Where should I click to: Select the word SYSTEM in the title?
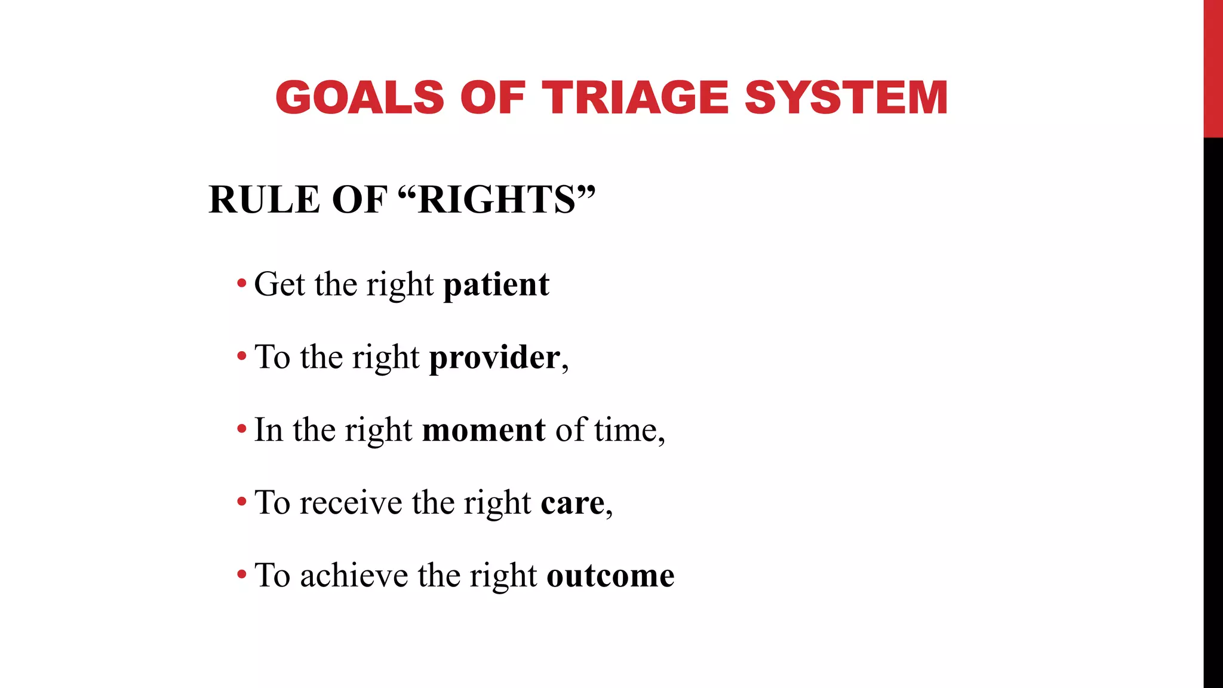(x=846, y=97)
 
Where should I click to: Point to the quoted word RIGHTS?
(x=496, y=199)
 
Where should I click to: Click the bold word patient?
(x=496, y=285)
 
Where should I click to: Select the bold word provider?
(x=494, y=358)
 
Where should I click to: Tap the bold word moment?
(x=483, y=430)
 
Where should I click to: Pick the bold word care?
(x=572, y=503)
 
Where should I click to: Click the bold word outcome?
(x=610, y=576)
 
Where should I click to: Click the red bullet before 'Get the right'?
(x=241, y=283)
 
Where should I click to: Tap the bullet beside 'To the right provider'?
(x=241, y=357)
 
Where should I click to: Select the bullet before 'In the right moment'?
(x=241, y=429)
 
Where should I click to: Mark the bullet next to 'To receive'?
(x=241, y=502)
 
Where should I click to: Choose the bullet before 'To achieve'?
(x=241, y=575)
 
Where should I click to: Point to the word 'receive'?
(x=351, y=503)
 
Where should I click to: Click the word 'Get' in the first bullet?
(x=279, y=285)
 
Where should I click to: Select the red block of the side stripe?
(x=1213, y=69)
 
